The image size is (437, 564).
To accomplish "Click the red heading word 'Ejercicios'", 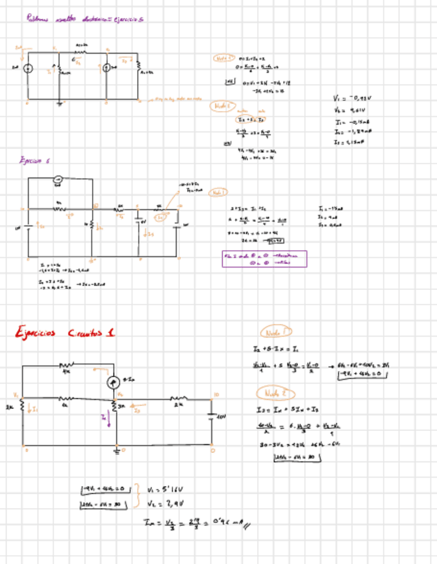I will (x=39, y=332).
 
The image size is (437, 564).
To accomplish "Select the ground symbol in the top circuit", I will (x=59, y=103).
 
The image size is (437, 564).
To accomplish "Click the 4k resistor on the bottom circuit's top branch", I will (x=66, y=365).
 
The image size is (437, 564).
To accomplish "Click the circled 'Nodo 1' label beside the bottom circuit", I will (x=274, y=332).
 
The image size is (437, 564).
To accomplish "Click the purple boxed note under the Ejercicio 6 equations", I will (x=264, y=259).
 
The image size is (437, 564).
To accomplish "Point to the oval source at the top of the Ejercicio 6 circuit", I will (x=58, y=178).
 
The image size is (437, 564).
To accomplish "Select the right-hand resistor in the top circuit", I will (x=139, y=69).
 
